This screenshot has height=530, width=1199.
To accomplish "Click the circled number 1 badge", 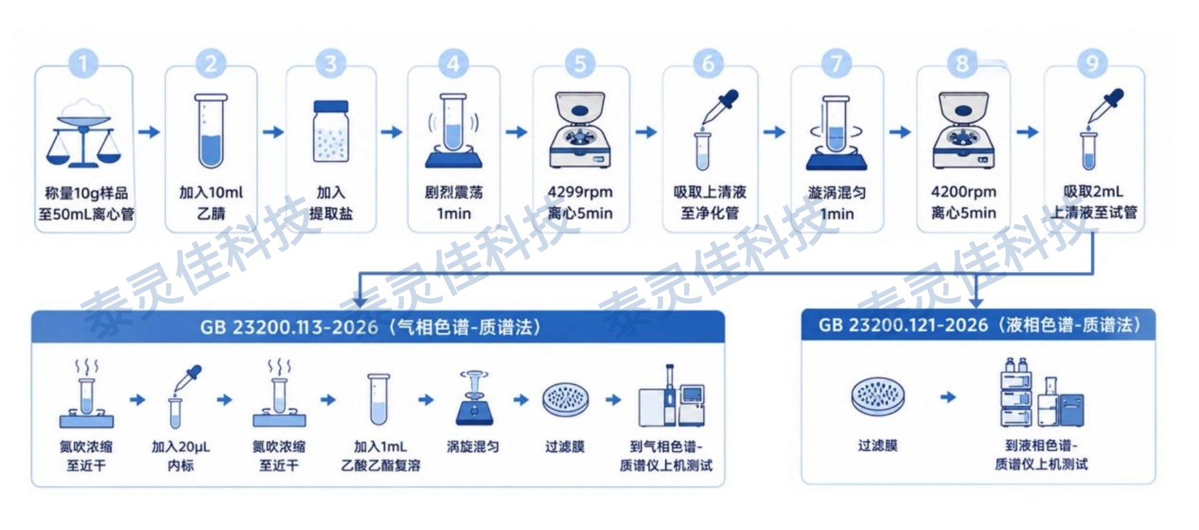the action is [83, 64].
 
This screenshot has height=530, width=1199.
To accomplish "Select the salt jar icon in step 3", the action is [331, 131].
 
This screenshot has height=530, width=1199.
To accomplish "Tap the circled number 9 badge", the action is [1092, 64].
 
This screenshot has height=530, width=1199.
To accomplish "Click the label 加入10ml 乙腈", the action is [211, 203].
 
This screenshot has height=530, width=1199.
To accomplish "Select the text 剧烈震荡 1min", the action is [454, 203].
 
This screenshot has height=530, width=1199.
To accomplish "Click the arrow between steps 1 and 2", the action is [149, 132].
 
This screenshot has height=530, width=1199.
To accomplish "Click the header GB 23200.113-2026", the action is [289, 328].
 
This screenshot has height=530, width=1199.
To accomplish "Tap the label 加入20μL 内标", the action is [181, 456].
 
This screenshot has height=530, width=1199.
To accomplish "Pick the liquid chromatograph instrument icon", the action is [1042, 393].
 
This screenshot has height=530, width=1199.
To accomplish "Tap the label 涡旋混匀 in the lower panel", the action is [473, 447].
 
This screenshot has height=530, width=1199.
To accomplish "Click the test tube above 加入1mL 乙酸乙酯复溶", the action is [378, 399].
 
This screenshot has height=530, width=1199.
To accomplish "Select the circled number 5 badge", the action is [580, 64].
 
